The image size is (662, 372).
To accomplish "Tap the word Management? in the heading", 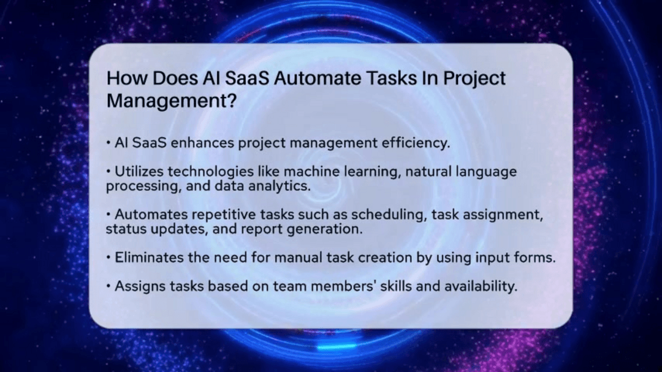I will click(172, 101).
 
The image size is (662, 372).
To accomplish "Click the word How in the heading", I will click(124, 79).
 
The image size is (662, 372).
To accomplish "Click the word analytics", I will click(279, 186).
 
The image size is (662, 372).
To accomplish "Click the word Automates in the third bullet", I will click(148, 216).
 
